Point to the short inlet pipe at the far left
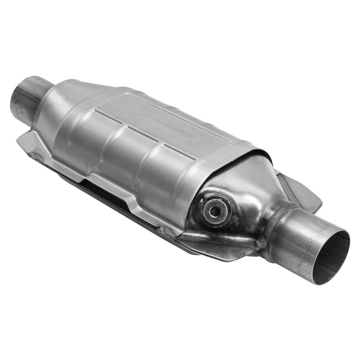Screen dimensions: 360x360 click(26, 98)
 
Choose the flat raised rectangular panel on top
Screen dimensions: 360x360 click(165, 120)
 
